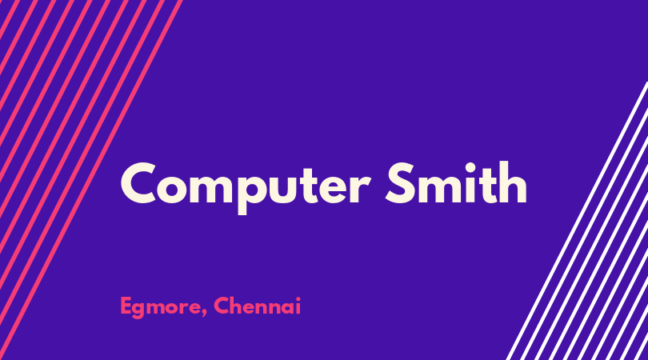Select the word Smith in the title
[x=456, y=182]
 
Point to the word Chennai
[x=257, y=306]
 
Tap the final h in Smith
[x=514, y=182]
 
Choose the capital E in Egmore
[x=126, y=306]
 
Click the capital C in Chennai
[x=222, y=306]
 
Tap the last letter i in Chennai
[x=298, y=306]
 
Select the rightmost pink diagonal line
[x=90, y=180]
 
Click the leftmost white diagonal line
[x=577, y=221]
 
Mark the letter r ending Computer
[x=360, y=189]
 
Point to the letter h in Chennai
[x=238, y=306]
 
